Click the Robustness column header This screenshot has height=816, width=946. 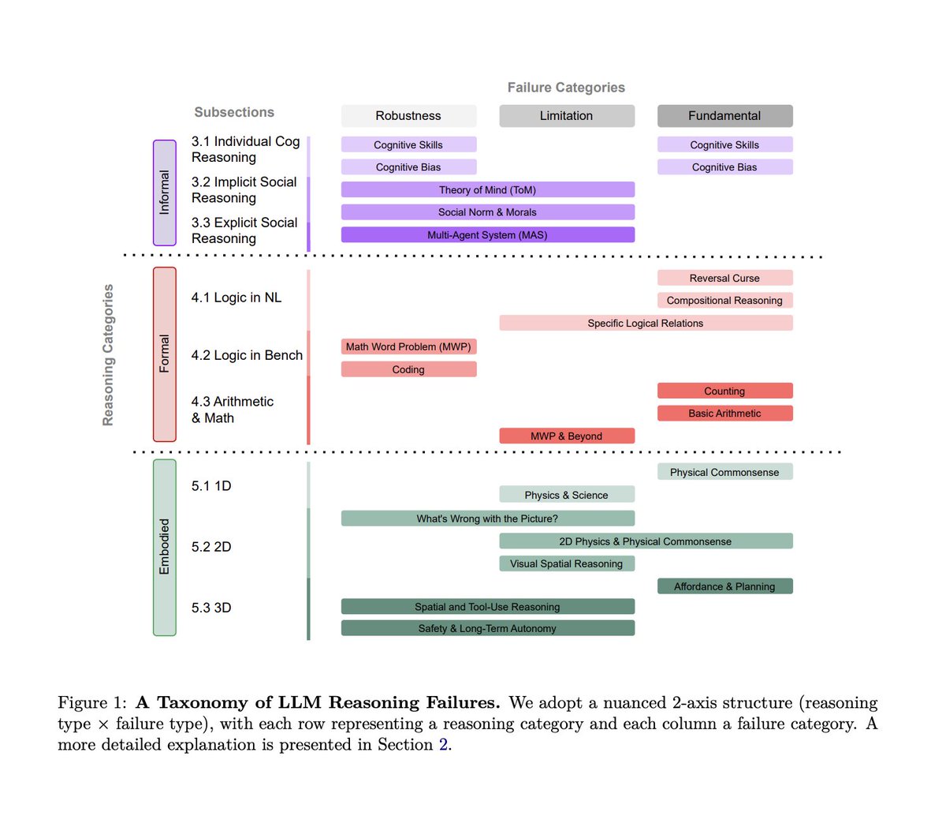(x=408, y=116)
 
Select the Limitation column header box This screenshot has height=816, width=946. (x=566, y=116)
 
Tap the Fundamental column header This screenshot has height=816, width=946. (x=724, y=116)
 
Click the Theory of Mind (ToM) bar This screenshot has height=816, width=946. (x=487, y=190)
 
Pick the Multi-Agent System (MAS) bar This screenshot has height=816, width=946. (x=487, y=235)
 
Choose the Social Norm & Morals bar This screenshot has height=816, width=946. (x=487, y=212)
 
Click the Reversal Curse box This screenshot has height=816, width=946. (x=724, y=278)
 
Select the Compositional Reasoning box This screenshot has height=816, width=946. (x=724, y=301)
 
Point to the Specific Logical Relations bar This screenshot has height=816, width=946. (x=646, y=323)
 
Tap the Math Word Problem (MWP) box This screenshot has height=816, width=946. (x=408, y=346)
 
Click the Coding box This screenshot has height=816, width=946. (x=408, y=369)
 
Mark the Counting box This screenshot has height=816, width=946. (x=724, y=391)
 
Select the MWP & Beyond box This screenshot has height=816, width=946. (x=566, y=436)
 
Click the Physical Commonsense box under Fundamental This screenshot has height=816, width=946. (x=724, y=472)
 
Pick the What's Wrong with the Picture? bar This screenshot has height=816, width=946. (x=487, y=518)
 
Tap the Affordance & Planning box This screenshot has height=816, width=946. (x=724, y=586)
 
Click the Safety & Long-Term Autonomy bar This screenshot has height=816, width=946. (x=487, y=628)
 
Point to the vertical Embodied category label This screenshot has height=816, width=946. (x=164, y=547)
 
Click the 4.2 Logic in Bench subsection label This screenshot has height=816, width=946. (x=247, y=355)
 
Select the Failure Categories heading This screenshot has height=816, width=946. (x=566, y=88)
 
